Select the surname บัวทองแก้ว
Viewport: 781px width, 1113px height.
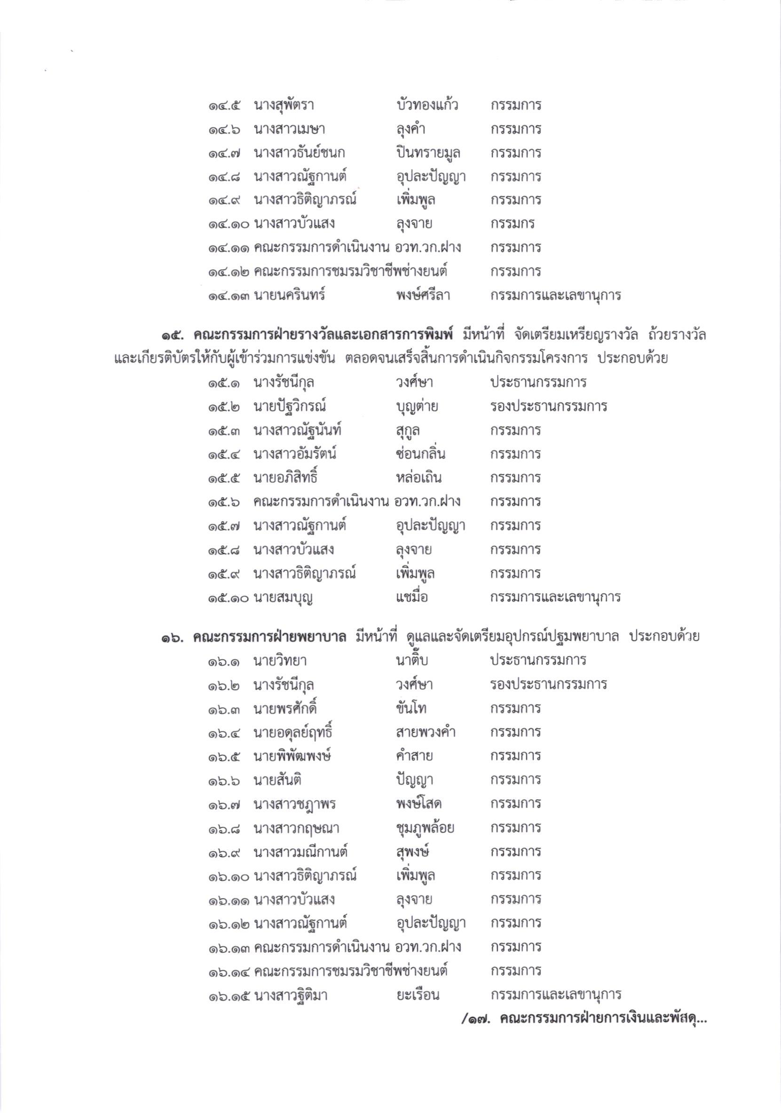point(426,105)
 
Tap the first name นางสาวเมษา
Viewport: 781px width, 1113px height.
point(289,129)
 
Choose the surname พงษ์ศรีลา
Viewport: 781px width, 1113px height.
point(423,295)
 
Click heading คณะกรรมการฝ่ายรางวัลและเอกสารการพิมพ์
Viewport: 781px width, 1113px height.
point(323,335)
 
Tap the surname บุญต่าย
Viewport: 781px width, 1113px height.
point(417,407)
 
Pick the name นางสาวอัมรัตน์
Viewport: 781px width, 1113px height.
point(295,454)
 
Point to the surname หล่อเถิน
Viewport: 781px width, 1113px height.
point(418,478)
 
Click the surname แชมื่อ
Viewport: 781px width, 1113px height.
point(411,597)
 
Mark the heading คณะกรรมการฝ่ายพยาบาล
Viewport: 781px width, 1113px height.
point(269,637)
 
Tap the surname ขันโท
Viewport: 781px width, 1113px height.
point(411,709)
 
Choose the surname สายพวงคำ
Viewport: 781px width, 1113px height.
point(426,732)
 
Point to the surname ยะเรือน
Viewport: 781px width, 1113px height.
point(417,995)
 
